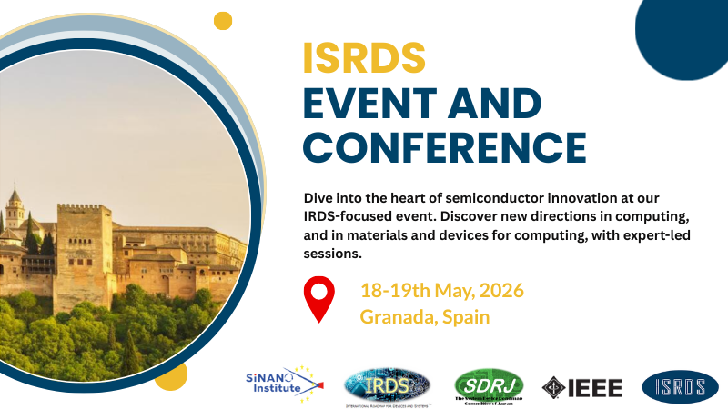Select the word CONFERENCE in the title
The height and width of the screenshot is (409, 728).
(x=444, y=145)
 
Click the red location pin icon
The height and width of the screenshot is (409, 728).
(x=318, y=301)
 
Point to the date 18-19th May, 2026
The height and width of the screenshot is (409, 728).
(x=442, y=292)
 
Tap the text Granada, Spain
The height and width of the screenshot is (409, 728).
(x=425, y=317)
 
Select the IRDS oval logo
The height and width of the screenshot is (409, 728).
(x=387, y=385)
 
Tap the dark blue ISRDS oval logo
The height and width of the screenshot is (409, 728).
(x=673, y=386)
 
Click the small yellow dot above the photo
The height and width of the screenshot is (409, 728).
(x=222, y=20)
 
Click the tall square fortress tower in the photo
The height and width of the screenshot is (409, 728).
(x=84, y=245)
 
